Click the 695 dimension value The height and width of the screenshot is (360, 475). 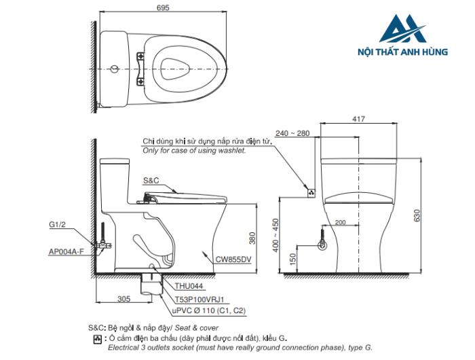click(163, 7)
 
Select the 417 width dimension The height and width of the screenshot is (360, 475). click(359, 119)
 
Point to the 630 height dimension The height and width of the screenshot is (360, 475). click(417, 215)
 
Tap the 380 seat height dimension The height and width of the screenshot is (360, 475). click(252, 238)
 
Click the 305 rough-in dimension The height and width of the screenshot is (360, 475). click(124, 299)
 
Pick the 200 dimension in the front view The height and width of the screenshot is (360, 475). click(340, 222)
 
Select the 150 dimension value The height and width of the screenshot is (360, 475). click(292, 259)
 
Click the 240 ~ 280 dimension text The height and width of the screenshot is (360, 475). click(292, 133)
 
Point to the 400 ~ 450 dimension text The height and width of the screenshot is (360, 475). click(275, 235)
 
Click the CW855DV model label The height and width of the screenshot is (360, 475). click(233, 259)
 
